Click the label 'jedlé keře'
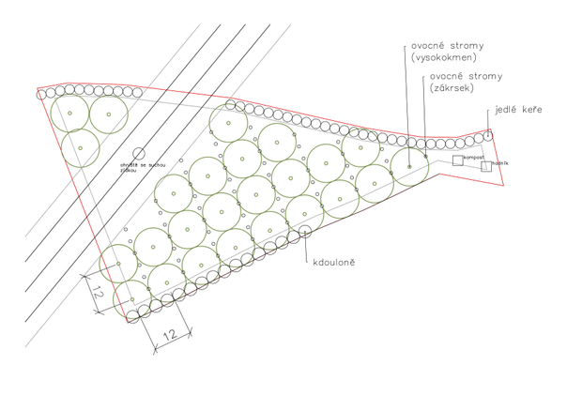click(x=520, y=110)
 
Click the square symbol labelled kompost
click(x=457, y=160)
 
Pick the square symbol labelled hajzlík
click(x=486, y=167)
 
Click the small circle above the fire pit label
click(x=138, y=153)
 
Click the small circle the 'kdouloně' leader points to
click(x=304, y=233)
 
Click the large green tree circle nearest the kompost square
click(x=409, y=166)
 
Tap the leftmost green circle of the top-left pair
click(x=69, y=114)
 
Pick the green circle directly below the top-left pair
click(x=81, y=147)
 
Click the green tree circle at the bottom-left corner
click(x=132, y=299)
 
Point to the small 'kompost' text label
click(x=473, y=158)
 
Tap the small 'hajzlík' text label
click(x=501, y=164)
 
